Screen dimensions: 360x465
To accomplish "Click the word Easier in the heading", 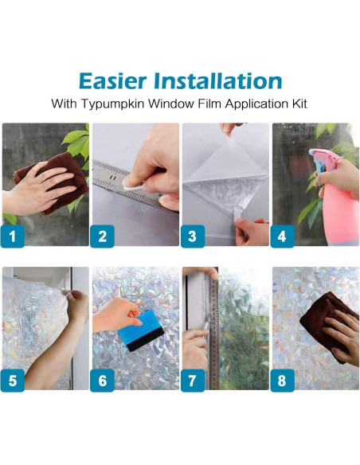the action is point(112,81).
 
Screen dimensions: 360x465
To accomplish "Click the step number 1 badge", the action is point(13,236).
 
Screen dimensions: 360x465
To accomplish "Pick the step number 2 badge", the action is point(102,236).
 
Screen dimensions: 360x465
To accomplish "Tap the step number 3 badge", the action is point(193,236).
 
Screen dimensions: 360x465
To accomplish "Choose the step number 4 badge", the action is point(282,236).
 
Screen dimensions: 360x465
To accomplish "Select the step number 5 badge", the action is point(13,381).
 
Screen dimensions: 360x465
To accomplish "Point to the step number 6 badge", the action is point(102,381).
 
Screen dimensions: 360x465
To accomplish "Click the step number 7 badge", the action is point(193,381).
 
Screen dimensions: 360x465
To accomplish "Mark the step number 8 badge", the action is point(282,381).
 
